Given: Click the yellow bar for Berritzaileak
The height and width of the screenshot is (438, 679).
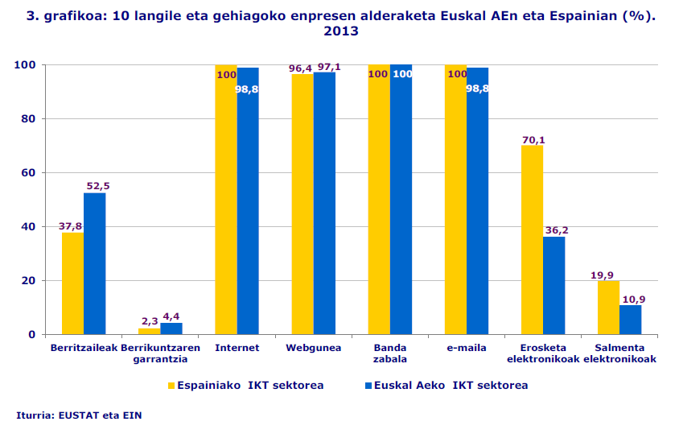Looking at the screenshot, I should pos(72,283).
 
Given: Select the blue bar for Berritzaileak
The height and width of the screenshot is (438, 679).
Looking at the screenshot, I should pos(94,263).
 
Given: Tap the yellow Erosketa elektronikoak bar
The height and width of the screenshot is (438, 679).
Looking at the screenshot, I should pos(532,239).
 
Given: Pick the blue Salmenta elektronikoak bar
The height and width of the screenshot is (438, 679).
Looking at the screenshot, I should pos(630,320).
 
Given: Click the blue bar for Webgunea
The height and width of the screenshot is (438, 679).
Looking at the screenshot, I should pos(324,203).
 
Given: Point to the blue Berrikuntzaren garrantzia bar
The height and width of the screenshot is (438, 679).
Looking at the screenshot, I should pos(171,328).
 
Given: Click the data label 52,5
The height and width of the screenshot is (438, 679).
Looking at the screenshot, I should pos(97,186).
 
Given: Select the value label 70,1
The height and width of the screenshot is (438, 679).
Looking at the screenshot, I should pos(533,140).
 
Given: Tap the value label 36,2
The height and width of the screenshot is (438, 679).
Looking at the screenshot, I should pos(556,230).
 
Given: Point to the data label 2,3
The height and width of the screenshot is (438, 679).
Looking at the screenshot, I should pos(149,320).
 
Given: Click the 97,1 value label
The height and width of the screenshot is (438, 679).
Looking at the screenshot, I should pos(329,67).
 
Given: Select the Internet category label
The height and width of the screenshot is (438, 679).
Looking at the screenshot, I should pos(237,348).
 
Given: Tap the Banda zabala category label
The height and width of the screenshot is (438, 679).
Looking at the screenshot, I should pos(390,353).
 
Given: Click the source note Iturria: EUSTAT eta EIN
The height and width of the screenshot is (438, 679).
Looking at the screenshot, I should pos(79,415).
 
